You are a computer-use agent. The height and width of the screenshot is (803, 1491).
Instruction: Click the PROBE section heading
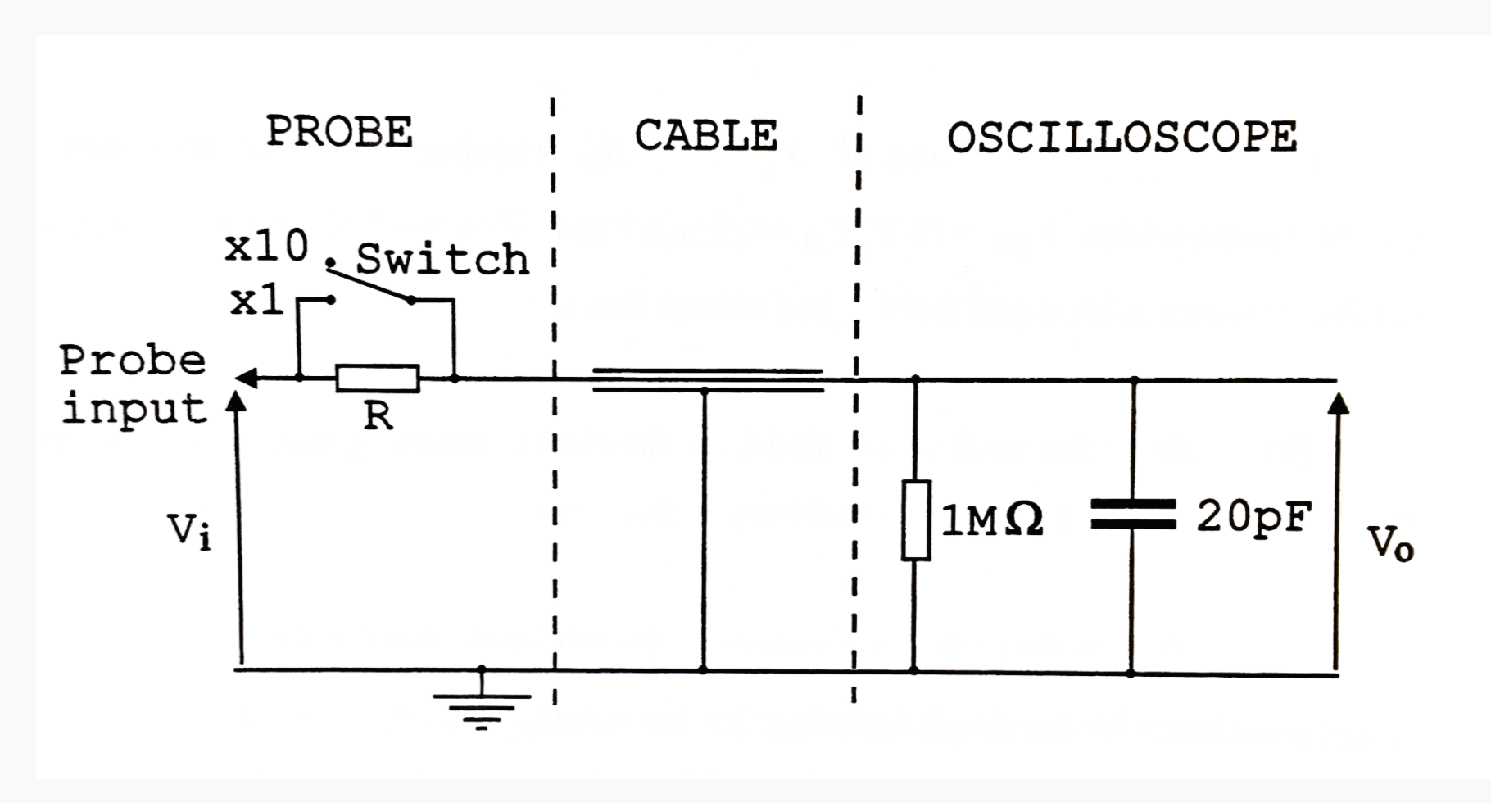coord(339,133)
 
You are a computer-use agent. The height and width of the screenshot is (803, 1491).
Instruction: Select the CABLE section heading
coord(705,136)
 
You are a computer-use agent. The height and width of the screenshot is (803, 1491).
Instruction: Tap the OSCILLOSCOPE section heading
coord(1122,138)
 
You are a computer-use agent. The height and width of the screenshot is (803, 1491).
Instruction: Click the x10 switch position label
coord(266,246)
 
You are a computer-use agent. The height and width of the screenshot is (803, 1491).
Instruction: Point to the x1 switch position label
coord(256,302)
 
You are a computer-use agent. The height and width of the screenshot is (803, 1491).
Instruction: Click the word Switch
coord(442,260)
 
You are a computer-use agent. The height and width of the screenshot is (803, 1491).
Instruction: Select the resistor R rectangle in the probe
coord(378,379)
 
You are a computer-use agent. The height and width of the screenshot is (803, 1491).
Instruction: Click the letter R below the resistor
coord(378,417)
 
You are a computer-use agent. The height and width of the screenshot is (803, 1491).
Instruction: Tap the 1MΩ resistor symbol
coord(916,520)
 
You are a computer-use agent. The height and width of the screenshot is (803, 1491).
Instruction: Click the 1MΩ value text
coord(991,520)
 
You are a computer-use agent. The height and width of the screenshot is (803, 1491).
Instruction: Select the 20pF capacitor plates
coord(1133,515)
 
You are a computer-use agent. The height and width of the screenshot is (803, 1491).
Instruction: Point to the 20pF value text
coord(1253,516)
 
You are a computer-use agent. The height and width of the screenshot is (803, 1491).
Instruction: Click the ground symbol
coord(482,708)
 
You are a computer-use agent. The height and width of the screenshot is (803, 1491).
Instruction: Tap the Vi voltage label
coord(189,531)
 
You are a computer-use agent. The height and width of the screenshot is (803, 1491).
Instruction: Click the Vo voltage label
coord(1390,543)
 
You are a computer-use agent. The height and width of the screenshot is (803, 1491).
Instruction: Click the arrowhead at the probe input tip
coord(246,379)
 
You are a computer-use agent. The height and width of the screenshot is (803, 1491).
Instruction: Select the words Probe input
coord(133,385)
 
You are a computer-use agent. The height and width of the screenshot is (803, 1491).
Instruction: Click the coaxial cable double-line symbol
coord(706,380)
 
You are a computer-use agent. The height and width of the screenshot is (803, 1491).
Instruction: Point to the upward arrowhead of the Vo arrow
coord(1337,404)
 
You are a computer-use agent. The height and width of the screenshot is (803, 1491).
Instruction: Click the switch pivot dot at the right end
coord(411,301)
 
